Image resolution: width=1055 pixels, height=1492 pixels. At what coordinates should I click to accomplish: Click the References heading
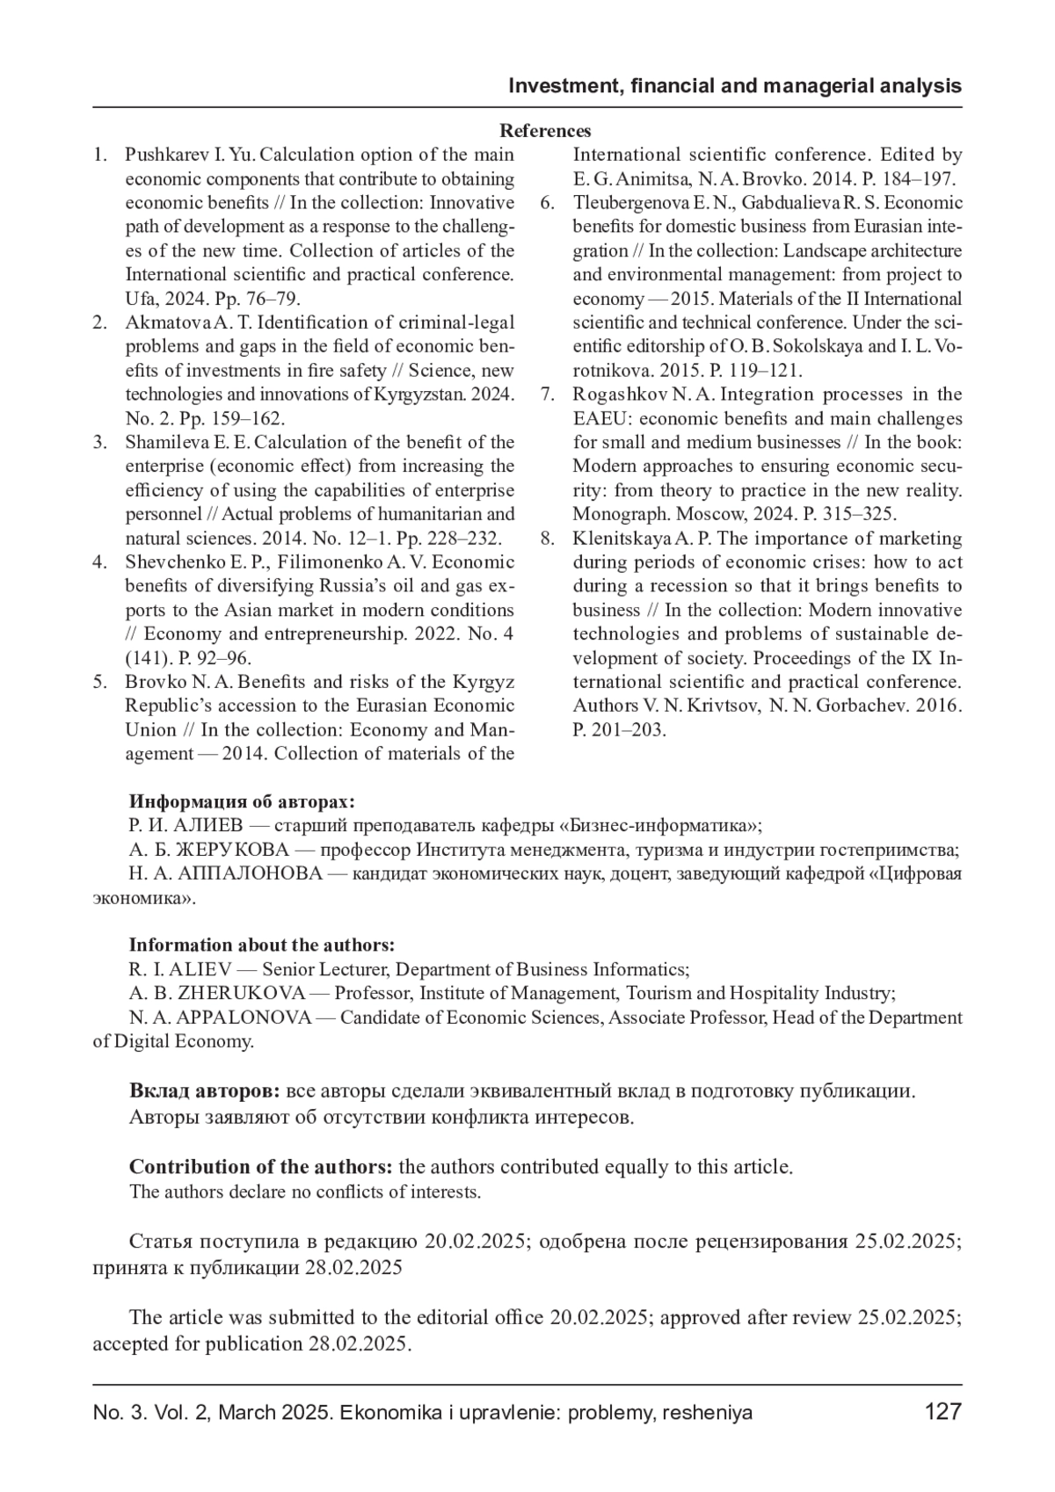coord(545,131)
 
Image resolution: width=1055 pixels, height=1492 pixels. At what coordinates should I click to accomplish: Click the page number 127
coord(942,1412)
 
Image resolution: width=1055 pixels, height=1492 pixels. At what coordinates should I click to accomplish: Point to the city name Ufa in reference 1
coord(139,299)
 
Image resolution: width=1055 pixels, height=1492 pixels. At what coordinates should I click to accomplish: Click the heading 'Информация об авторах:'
coord(243,801)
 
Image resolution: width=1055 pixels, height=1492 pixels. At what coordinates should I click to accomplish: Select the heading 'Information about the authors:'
coord(262,945)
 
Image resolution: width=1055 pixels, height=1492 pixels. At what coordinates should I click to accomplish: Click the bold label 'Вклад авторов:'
coord(205,1091)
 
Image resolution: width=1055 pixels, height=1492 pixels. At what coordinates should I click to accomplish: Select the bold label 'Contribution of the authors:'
coord(260,1167)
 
